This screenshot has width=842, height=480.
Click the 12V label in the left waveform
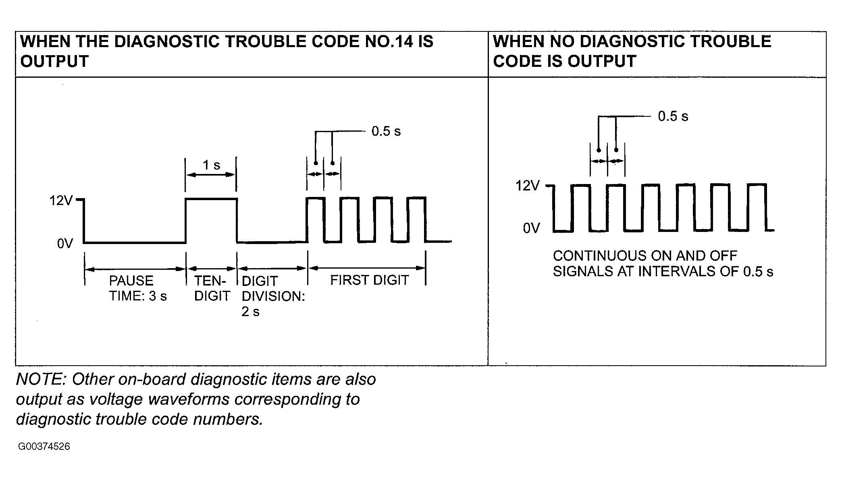click(60, 200)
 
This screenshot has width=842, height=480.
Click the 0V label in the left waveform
click(65, 244)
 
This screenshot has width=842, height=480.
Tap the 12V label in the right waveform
click(528, 186)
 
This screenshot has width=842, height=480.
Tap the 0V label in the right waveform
click(531, 228)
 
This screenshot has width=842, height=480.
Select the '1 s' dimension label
click(211, 165)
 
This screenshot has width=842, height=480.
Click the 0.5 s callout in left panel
click(386, 131)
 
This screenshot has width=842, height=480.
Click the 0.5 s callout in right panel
click(673, 116)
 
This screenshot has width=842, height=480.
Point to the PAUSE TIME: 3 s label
click(138, 288)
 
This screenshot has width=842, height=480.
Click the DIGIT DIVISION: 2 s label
click(273, 296)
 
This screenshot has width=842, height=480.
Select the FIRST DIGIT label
click(370, 280)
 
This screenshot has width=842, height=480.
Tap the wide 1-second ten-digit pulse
click(211, 199)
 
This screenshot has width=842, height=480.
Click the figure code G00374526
click(44, 447)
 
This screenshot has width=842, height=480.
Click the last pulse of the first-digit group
click(416, 198)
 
